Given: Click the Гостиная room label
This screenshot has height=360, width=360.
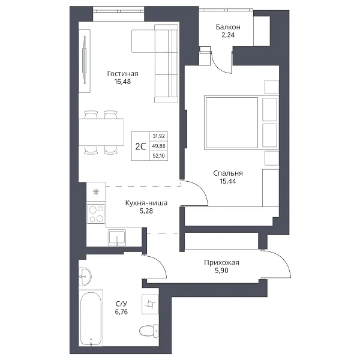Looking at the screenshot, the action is (x=122, y=74).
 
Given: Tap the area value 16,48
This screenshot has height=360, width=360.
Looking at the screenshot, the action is (x=122, y=82).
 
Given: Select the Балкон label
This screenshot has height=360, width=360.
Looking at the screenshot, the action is (x=228, y=27).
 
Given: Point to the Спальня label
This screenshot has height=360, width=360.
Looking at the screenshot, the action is (x=228, y=173).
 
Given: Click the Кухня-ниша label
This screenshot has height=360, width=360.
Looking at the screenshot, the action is (x=146, y=203).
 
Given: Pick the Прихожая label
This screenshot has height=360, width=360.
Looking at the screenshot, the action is (x=221, y=262).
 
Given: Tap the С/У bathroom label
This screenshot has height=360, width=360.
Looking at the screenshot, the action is (x=121, y=304).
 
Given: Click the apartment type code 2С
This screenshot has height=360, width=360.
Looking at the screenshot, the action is (x=140, y=146).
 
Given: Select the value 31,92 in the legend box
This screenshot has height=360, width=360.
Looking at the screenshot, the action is (x=159, y=136).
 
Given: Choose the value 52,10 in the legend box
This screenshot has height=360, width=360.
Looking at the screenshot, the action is (x=159, y=156).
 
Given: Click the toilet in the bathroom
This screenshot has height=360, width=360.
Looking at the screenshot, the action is (x=149, y=331).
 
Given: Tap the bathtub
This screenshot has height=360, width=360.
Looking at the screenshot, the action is (x=91, y=319).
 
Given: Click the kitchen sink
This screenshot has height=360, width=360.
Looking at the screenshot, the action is (x=117, y=237).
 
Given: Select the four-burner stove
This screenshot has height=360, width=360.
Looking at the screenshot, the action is (x=96, y=214).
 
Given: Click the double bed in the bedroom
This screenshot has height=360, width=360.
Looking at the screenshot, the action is (x=241, y=122).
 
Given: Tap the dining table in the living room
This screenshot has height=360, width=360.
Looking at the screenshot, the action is (x=101, y=132).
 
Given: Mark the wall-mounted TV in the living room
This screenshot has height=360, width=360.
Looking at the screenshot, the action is (x=85, y=60).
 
